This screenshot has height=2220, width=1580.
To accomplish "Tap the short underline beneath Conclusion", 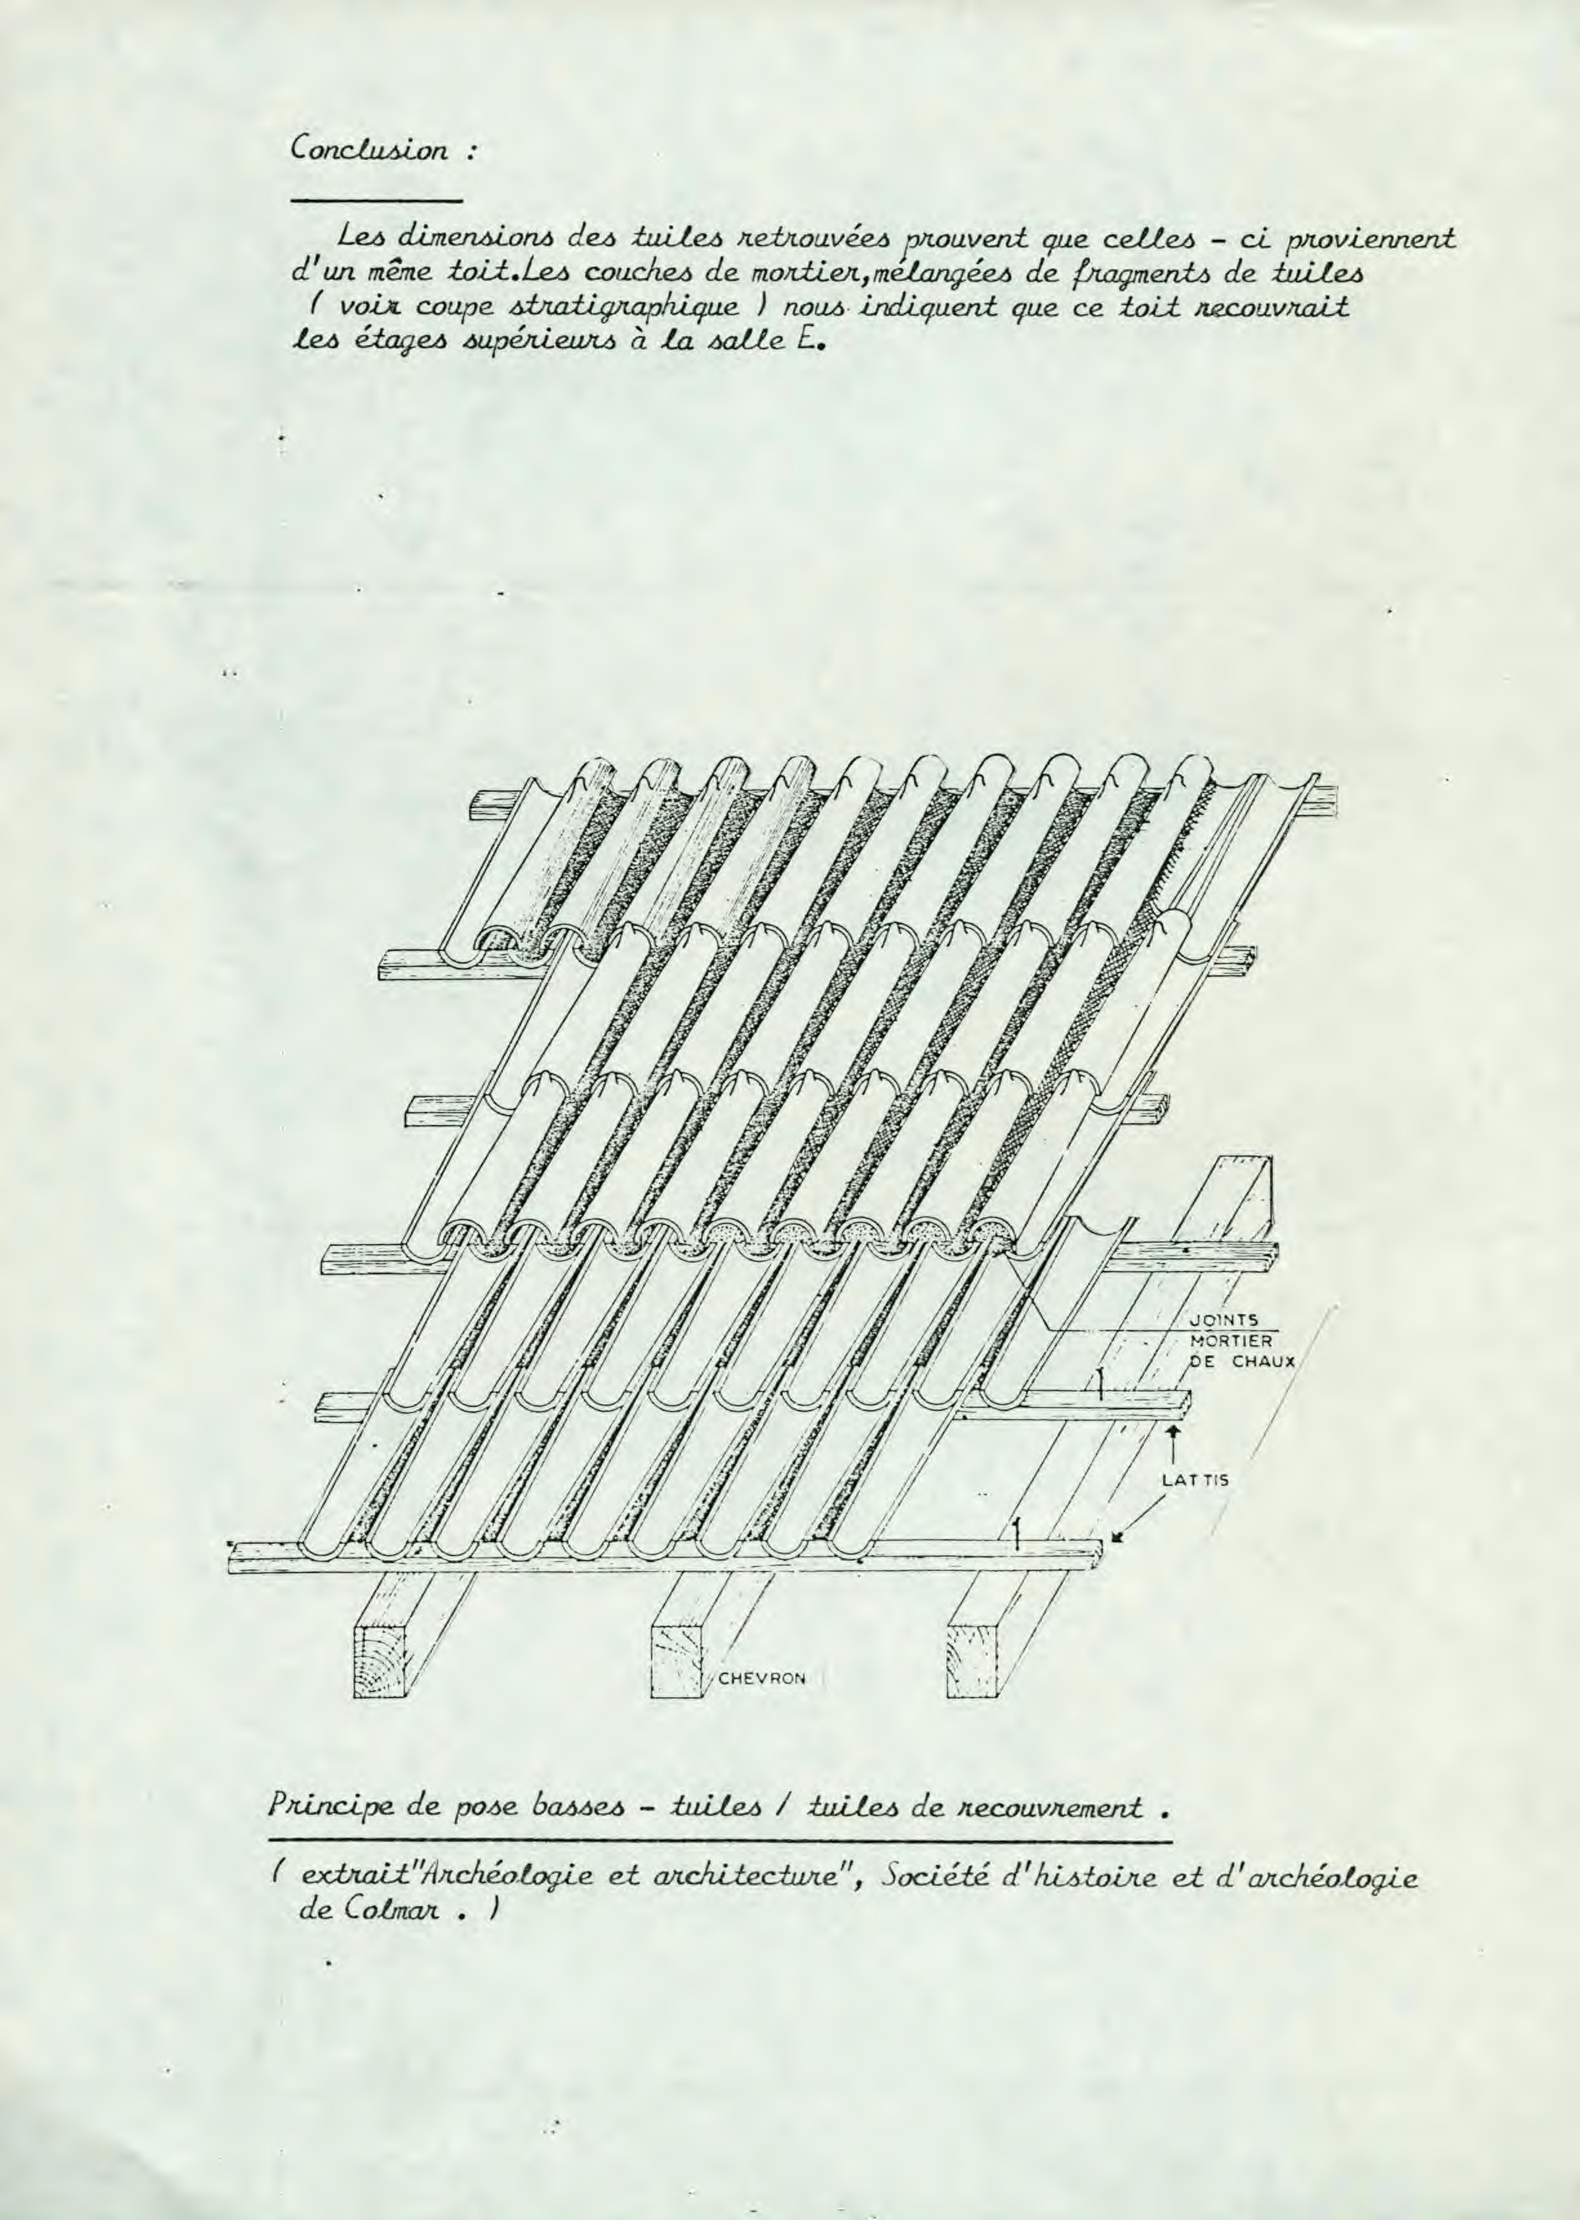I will coord(375,201).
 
